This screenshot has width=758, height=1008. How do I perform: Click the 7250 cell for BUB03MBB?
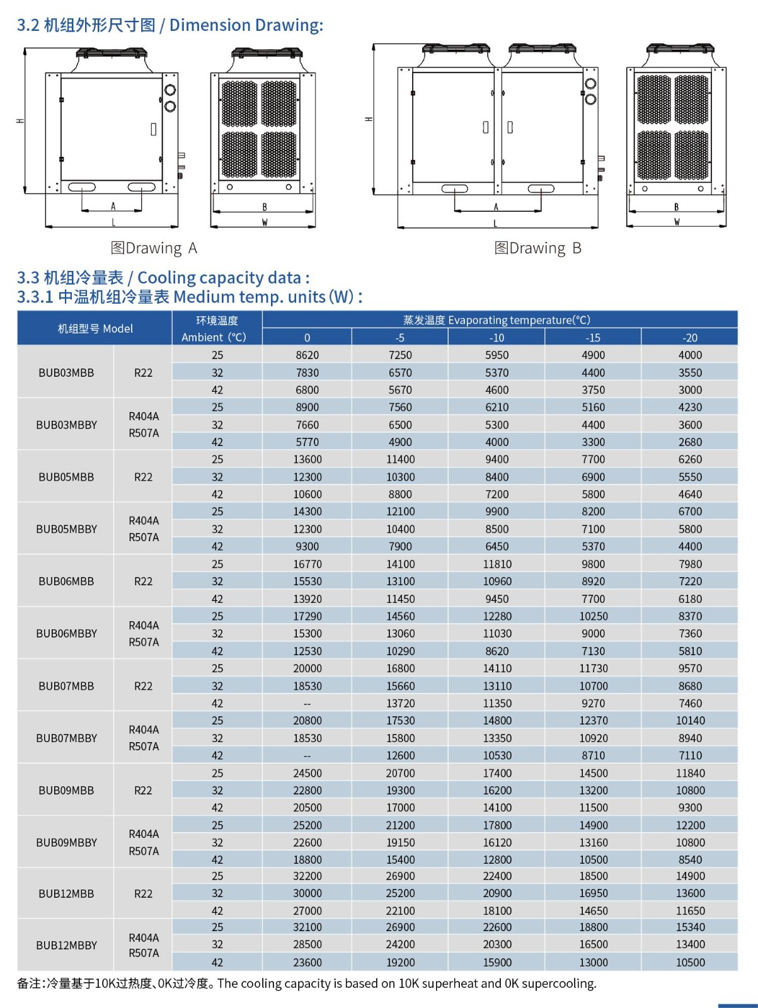click(400, 355)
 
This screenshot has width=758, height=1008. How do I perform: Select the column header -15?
click(593, 338)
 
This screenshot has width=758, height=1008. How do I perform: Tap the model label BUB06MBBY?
click(67, 634)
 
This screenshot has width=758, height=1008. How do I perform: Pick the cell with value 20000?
click(307, 668)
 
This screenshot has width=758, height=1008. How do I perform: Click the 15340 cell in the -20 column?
click(690, 927)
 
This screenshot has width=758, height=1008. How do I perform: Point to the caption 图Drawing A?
click(154, 248)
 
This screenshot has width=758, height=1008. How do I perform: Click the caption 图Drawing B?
click(537, 248)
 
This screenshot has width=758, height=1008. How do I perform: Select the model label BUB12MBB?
click(66, 893)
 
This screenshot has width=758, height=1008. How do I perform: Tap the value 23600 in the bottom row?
click(307, 963)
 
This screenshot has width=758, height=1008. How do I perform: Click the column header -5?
click(400, 338)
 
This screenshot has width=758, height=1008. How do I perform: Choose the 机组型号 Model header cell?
click(95, 329)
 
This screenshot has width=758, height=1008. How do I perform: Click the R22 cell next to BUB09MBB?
click(143, 791)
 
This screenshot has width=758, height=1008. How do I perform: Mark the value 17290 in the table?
click(307, 616)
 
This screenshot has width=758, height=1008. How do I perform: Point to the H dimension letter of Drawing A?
click(20, 120)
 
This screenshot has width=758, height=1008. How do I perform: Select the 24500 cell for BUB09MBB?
click(307, 773)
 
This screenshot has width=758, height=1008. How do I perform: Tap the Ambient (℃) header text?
click(214, 338)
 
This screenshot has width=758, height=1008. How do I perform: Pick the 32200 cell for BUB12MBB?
click(307, 876)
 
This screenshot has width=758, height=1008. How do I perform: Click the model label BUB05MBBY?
click(67, 529)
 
